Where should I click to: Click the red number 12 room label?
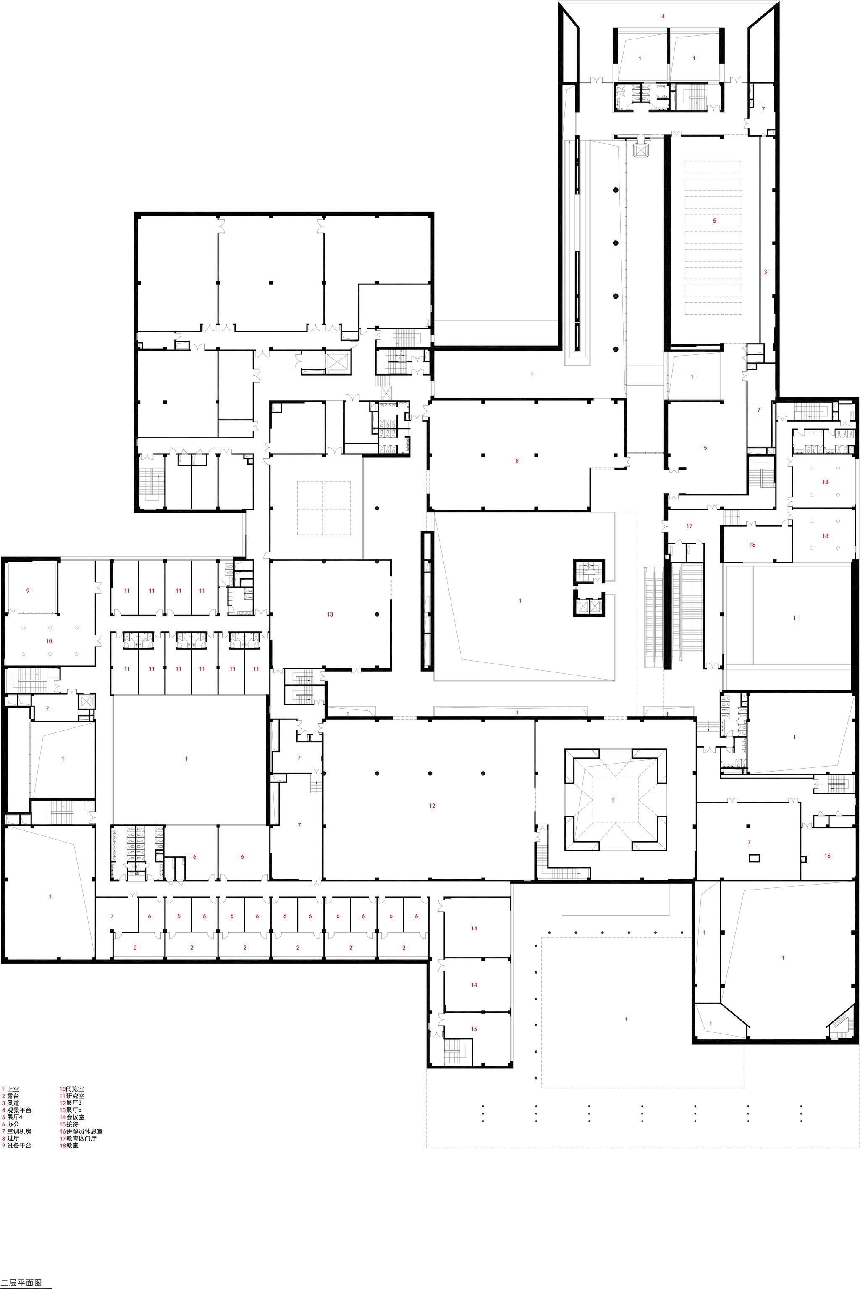432,806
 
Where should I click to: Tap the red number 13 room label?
330,614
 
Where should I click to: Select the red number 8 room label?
517,461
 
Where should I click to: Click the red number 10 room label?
49,641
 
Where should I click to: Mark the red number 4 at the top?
663,16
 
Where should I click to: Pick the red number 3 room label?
765,271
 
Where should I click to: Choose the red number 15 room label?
474,1029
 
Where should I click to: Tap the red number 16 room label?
827,856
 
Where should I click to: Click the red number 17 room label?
690,526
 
